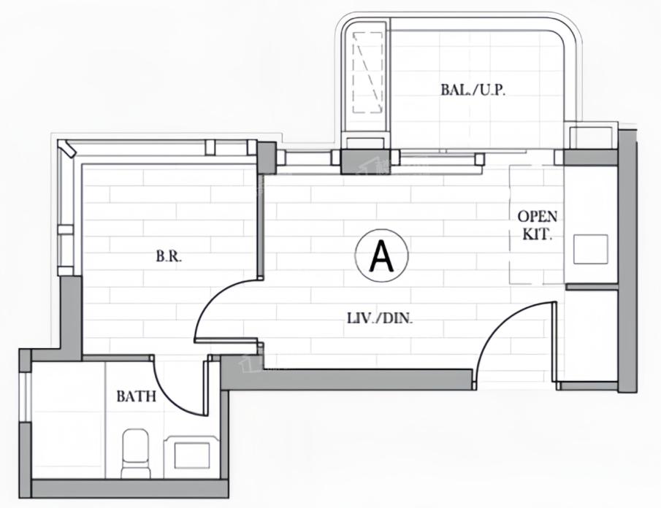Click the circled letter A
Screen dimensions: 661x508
click(382, 256)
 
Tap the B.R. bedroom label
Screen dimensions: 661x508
click(169, 256)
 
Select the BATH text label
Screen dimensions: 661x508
click(136, 396)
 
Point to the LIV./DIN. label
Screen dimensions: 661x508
click(379, 318)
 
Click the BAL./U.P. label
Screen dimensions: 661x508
click(473, 90)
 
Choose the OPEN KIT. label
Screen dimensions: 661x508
click(537, 225)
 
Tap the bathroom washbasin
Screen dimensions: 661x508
click(192, 456)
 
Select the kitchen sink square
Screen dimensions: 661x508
click(591, 250)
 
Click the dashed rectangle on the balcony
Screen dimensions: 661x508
click(367, 73)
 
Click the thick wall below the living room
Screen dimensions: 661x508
click(346, 379)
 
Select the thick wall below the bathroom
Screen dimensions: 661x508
click(130, 488)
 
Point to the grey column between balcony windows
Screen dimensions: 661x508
click(365, 162)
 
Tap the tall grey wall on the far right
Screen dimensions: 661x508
click(627, 261)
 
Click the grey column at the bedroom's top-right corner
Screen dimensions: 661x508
click(267, 157)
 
